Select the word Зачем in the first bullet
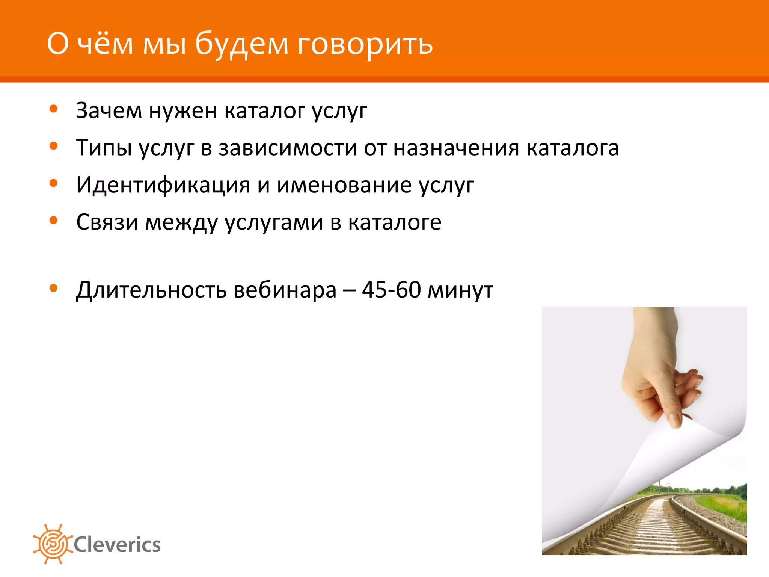tap(109, 111)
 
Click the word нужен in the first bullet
tap(183, 111)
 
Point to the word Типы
tap(104, 148)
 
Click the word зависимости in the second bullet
tap(288, 148)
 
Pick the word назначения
tap(456, 148)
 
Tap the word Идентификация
tap(163, 185)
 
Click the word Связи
tap(107, 222)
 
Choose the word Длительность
tap(151, 290)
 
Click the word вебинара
tap(285, 290)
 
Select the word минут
tap(461, 290)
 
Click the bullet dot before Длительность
tap(54, 288)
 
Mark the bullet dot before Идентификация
tap(54, 183)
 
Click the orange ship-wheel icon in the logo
tap(53, 544)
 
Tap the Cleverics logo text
tap(117, 545)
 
